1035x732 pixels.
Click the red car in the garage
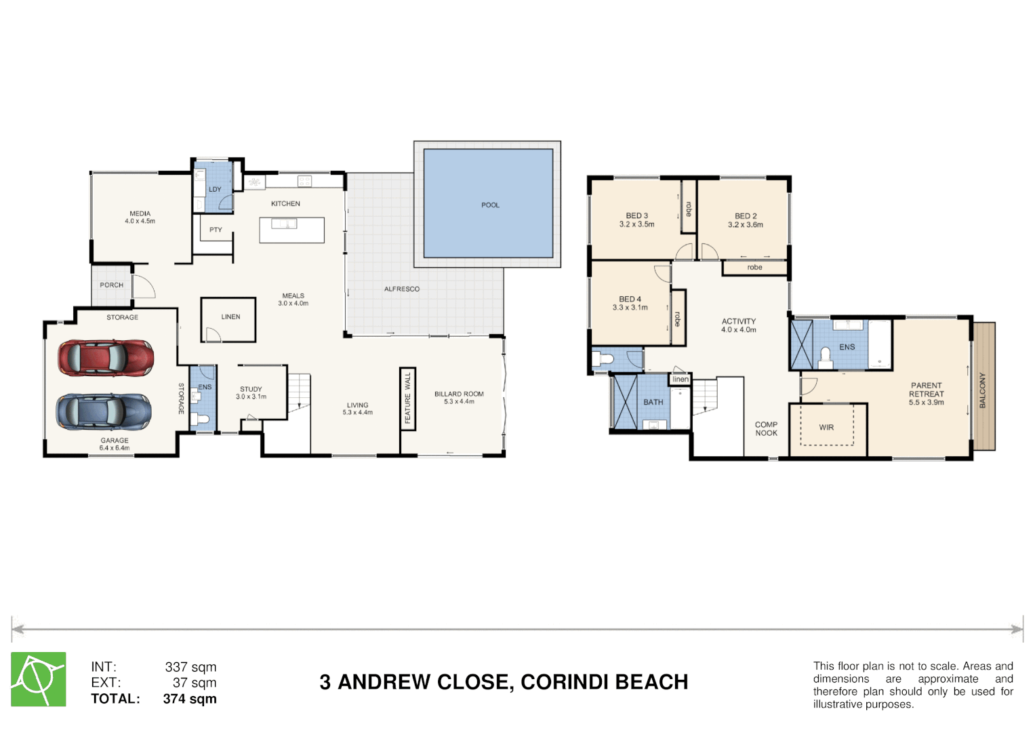[x=106, y=358]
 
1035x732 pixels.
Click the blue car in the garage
[x=104, y=411]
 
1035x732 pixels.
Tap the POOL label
[x=490, y=205]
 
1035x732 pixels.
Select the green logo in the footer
[x=39, y=679]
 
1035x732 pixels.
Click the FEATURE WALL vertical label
[x=407, y=399]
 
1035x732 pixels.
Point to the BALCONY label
[x=983, y=390]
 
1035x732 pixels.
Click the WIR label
[x=827, y=428]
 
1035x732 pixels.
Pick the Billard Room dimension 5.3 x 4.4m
[x=460, y=401]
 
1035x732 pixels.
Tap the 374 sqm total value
[x=190, y=699]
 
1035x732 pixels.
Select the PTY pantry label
[x=216, y=230]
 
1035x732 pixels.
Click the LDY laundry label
[x=215, y=189]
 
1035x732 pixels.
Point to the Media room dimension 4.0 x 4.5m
[x=140, y=221]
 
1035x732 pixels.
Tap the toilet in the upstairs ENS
[x=826, y=358]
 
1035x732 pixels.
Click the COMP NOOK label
[x=766, y=429]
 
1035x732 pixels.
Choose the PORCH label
[x=112, y=285]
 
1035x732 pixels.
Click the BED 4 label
[x=630, y=299]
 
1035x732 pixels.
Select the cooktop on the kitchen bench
[x=304, y=181]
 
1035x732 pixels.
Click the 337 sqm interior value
[x=191, y=667]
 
